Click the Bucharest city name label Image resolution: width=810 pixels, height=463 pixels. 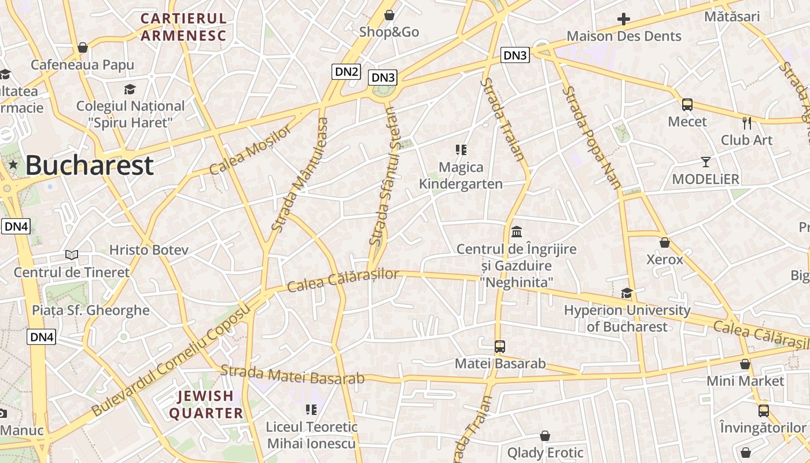pos(89,165)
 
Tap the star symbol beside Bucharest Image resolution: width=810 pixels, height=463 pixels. pos(13,165)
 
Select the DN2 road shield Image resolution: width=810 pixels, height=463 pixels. pos(347,72)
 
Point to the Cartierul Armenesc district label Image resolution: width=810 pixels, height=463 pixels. pos(183,27)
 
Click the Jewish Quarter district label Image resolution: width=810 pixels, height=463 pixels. pos(206,405)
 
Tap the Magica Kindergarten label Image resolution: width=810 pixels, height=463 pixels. pos(461,175)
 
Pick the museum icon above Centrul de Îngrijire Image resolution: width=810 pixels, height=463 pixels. pos(517,232)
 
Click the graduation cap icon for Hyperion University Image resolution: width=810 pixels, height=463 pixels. pos(627,293)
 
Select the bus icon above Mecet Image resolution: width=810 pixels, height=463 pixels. pos(687,105)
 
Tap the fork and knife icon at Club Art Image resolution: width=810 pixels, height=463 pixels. pos(747,123)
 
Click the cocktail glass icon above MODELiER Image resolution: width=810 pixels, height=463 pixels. pos(706,162)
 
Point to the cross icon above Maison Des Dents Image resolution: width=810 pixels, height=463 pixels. pos(623,20)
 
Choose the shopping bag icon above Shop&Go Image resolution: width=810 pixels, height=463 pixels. pos(389,14)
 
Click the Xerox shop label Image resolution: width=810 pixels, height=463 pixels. pos(665,259)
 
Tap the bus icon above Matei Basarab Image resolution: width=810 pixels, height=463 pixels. pos(500,347)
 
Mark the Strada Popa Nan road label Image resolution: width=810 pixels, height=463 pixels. pos(591,138)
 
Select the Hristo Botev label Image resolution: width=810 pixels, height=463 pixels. pos(149,250)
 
